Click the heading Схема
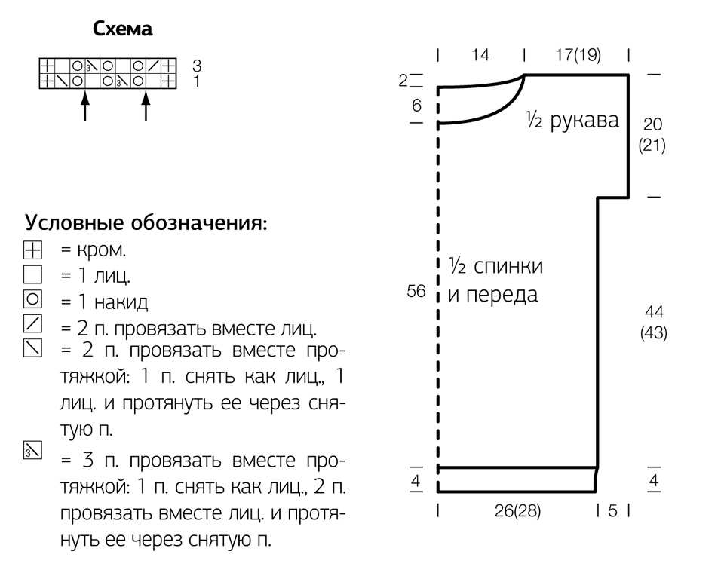(x=122, y=29)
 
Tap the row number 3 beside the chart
(x=197, y=66)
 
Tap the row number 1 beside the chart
(x=197, y=81)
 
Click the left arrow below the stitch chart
(x=84, y=106)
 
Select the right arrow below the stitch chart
(x=146, y=106)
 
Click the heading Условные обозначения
(x=146, y=223)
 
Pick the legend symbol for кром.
(x=32, y=250)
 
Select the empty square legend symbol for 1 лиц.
(x=32, y=274)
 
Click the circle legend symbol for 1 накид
(x=32, y=299)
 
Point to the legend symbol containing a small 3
(x=32, y=450)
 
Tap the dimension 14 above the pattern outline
(x=480, y=55)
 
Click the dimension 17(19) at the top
(x=578, y=55)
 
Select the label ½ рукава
(x=572, y=120)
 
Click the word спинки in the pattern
(x=508, y=266)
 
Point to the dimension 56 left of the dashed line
(x=416, y=291)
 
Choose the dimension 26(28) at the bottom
(x=517, y=511)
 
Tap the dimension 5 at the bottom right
(x=612, y=511)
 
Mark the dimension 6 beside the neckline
(x=416, y=106)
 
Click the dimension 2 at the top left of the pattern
(x=403, y=81)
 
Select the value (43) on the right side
(x=654, y=332)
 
